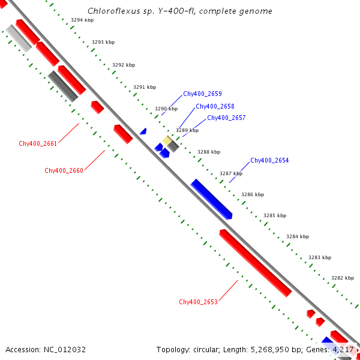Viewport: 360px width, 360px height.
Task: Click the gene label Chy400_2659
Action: (x=202, y=94)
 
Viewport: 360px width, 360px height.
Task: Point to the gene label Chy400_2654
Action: (x=269, y=160)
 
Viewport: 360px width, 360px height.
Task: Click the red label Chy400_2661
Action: (x=38, y=143)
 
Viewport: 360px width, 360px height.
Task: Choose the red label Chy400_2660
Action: (x=64, y=170)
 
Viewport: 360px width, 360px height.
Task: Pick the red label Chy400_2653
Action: (x=198, y=302)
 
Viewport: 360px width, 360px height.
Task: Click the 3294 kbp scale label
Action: (x=82, y=20)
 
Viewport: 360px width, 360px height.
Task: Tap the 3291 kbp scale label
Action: (x=144, y=87)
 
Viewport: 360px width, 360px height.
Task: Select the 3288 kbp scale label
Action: (x=208, y=152)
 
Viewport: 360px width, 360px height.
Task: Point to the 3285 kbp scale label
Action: (x=275, y=215)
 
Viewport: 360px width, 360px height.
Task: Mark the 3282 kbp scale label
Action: (x=343, y=278)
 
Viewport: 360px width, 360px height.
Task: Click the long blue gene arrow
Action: (x=211, y=199)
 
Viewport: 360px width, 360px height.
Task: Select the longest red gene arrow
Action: (x=255, y=263)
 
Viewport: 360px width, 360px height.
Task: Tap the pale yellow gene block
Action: (x=167, y=140)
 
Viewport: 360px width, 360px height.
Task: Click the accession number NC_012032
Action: (x=62, y=349)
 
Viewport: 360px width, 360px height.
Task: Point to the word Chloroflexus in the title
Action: (x=110, y=11)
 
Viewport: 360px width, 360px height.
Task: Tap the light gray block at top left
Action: (x=19, y=38)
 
